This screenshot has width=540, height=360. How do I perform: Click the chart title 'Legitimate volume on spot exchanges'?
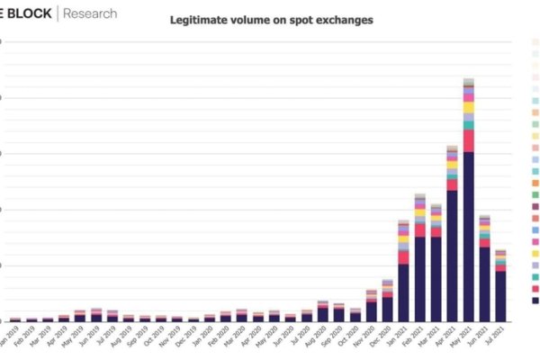point(272,19)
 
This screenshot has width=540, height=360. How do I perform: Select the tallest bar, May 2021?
point(468,225)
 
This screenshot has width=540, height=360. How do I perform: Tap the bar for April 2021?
point(452,252)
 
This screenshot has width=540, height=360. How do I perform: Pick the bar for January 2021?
point(404,288)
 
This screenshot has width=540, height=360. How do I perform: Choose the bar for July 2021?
point(500,293)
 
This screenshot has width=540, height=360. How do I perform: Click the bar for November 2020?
point(372,310)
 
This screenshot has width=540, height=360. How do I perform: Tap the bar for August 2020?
point(323,313)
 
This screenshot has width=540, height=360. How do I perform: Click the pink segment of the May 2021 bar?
point(468,140)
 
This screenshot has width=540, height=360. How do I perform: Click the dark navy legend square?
point(536,301)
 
